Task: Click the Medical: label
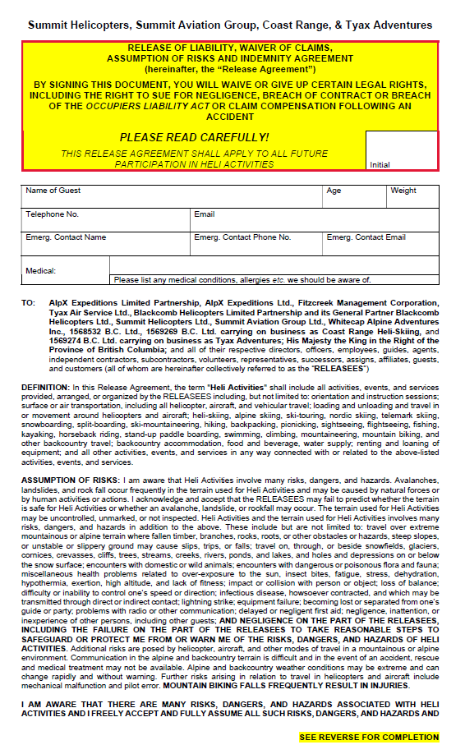[x=40, y=270]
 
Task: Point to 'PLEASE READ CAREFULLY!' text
[x=194, y=137]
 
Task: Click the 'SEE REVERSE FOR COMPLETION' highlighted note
[x=369, y=738]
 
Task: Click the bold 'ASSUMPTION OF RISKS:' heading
[x=70, y=479]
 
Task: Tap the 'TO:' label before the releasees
[x=28, y=303]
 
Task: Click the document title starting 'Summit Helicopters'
[x=230, y=25]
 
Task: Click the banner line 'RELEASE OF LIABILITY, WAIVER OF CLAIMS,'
[x=230, y=49]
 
